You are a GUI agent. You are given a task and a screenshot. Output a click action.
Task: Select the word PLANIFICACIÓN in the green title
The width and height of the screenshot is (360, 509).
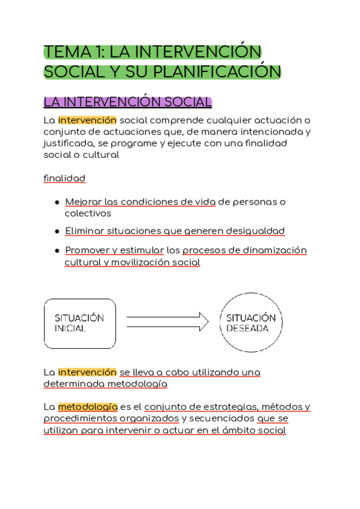tap(217, 72)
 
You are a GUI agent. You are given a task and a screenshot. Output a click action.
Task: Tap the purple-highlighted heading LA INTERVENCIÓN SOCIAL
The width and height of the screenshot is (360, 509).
tap(128, 102)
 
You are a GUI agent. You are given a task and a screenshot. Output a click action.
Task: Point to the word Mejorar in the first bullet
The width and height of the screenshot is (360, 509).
tap(83, 202)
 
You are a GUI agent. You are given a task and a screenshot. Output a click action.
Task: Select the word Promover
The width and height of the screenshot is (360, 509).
tap(89, 250)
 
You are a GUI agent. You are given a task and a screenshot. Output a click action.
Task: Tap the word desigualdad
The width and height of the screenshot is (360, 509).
tap(253, 231)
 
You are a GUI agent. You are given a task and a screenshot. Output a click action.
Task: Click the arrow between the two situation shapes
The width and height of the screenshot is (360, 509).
tap(167, 322)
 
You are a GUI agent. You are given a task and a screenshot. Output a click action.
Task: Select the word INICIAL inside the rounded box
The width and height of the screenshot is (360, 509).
tap(70, 329)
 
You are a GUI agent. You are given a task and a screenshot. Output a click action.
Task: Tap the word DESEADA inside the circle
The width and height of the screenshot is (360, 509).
tap(247, 329)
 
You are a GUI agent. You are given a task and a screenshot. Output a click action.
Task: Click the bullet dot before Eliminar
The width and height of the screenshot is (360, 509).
tap(56, 232)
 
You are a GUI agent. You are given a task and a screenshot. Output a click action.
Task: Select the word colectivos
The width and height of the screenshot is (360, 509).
tap(88, 213)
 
